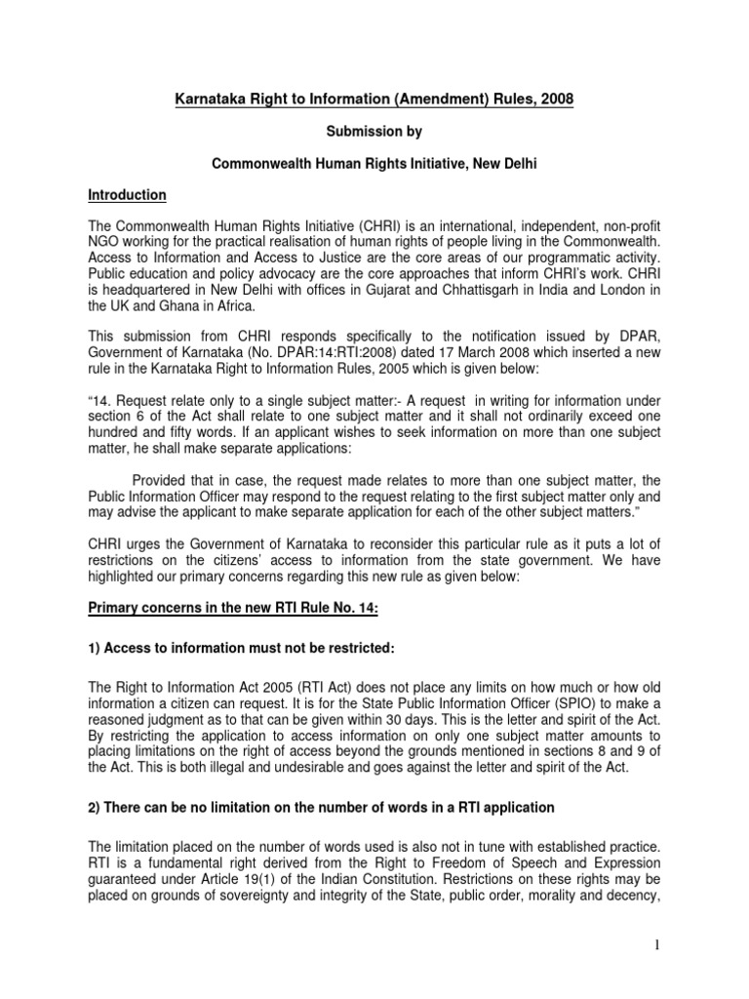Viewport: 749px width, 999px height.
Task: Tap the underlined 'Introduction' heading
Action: (x=127, y=195)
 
